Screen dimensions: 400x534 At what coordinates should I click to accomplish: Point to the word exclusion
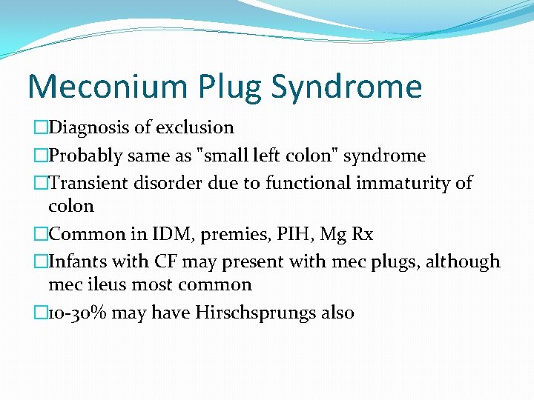click(199, 127)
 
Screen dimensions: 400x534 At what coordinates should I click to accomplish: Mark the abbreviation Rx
click(361, 234)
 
